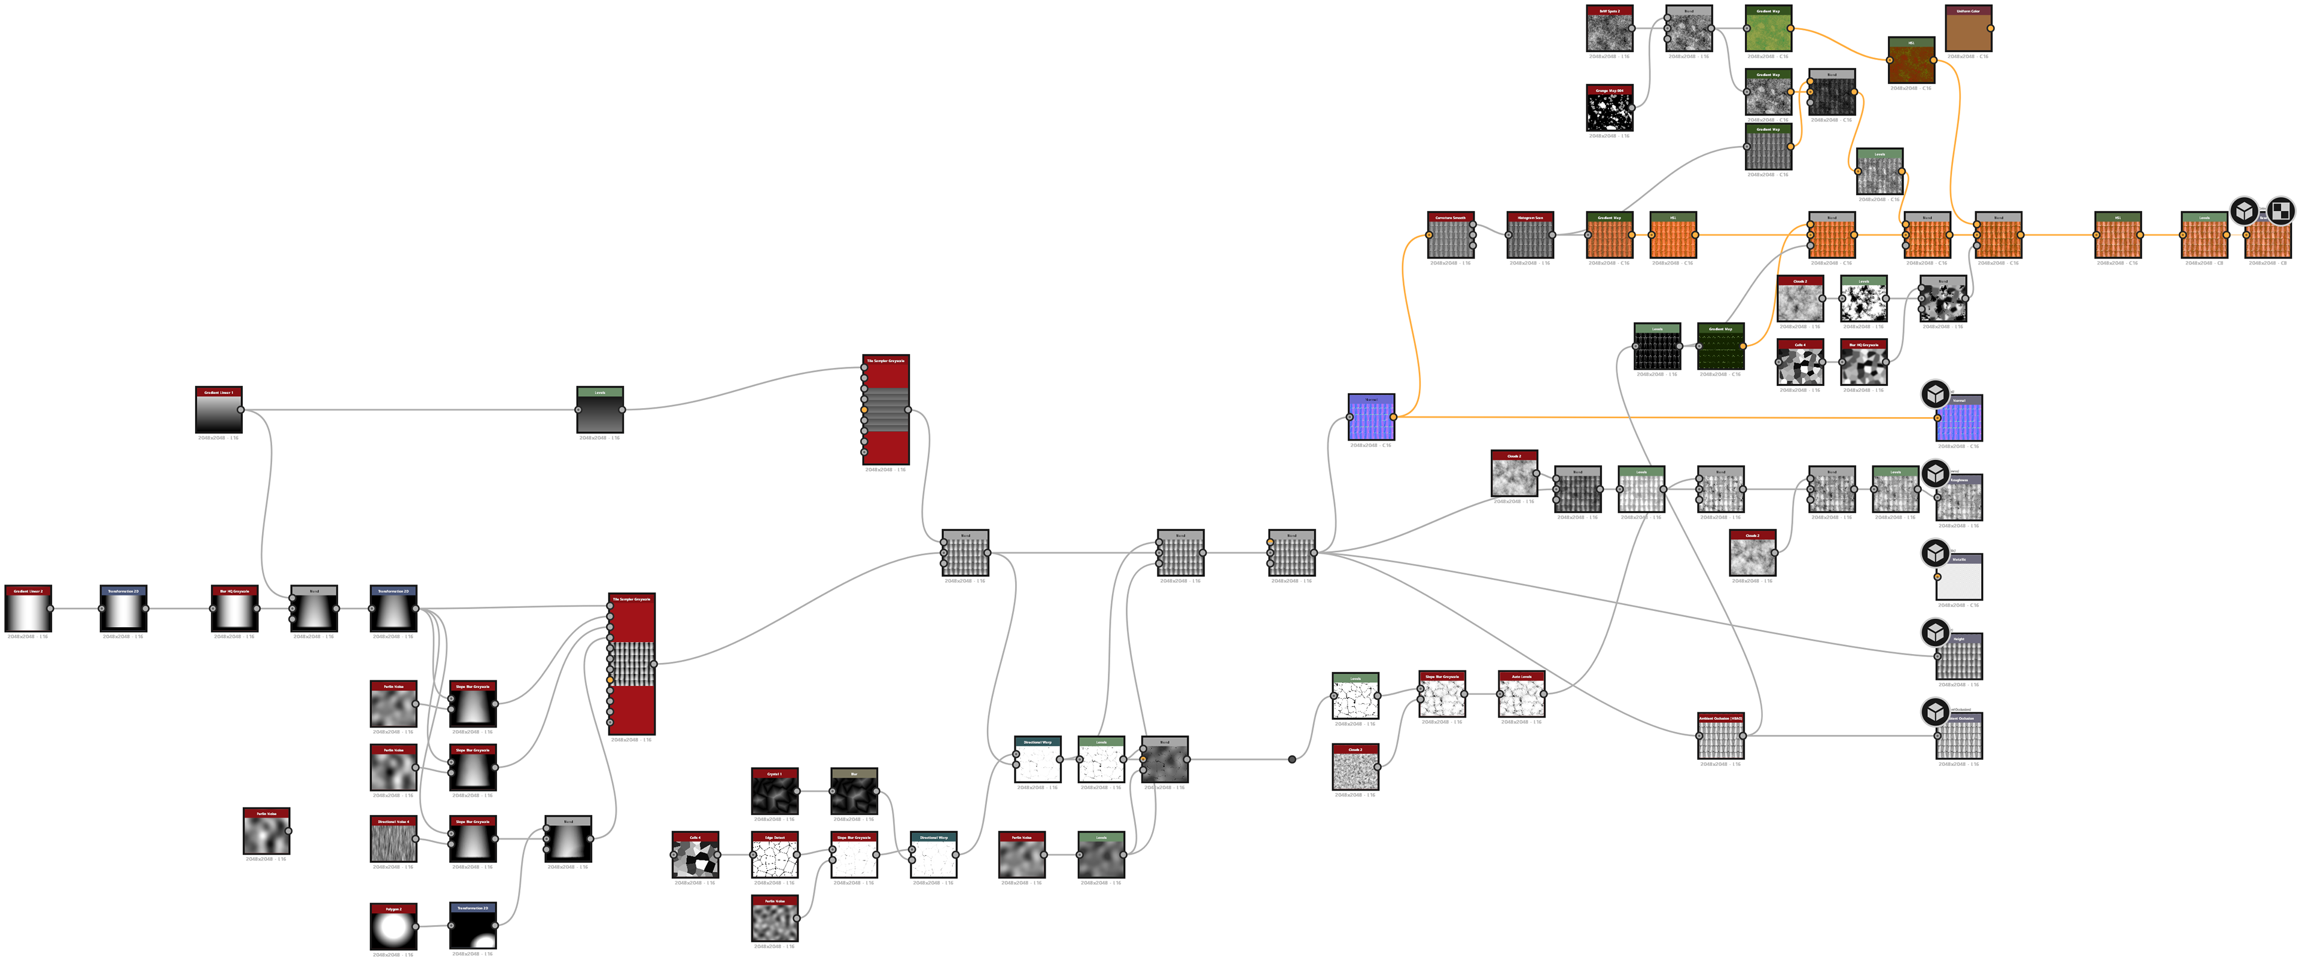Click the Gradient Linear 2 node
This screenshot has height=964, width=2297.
coord(28,612)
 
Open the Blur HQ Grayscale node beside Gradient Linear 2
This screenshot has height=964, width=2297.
coord(234,612)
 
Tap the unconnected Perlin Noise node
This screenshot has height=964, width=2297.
coord(266,834)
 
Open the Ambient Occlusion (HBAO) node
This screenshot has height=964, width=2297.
coord(1720,738)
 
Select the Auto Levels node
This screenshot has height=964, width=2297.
coord(1521,697)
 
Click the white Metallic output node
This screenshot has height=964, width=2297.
coord(1959,580)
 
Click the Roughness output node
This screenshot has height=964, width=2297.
coord(1959,500)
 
